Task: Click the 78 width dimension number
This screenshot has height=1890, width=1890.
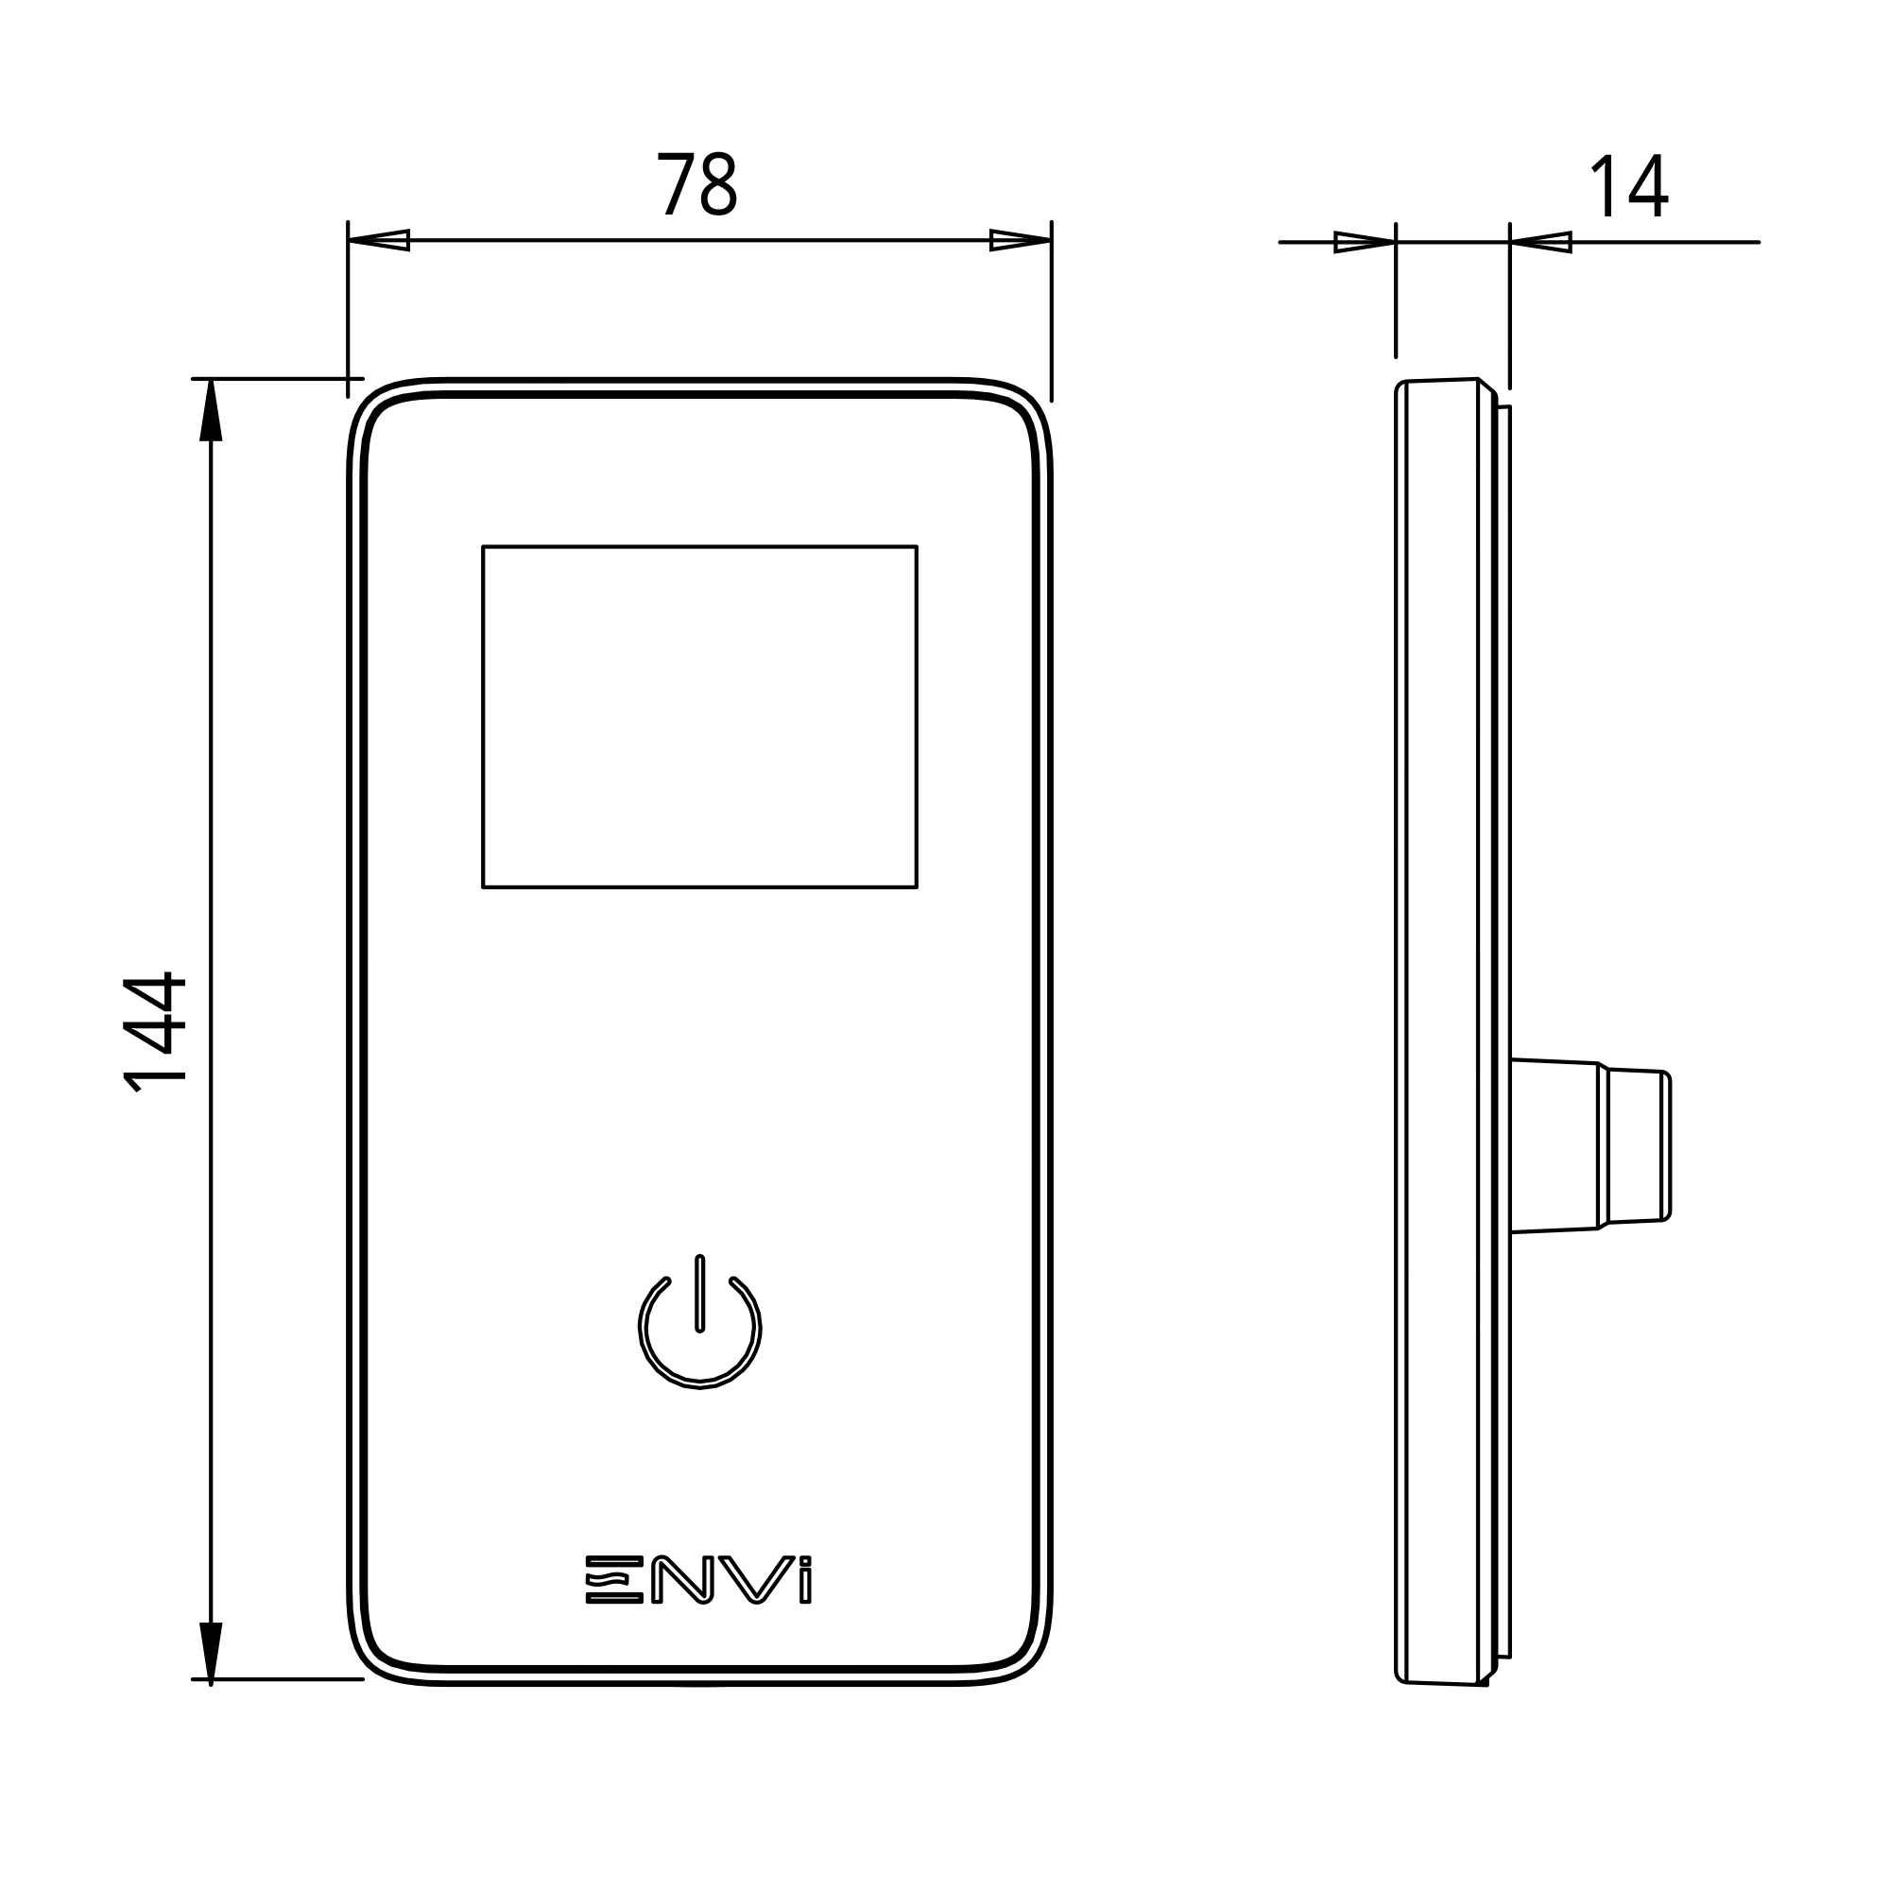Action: [696, 184]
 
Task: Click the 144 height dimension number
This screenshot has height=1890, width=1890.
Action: [155, 1032]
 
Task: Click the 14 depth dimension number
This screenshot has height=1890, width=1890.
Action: [1629, 186]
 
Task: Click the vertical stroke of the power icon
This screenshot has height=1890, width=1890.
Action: [699, 1294]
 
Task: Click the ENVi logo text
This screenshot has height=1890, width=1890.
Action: [698, 1606]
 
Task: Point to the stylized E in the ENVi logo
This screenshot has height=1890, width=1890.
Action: [614, 1606]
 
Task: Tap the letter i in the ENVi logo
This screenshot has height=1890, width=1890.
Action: [805, 1606]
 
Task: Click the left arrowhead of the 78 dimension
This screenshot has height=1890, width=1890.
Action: [380, 241]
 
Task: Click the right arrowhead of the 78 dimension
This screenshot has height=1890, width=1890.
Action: [1020, 241]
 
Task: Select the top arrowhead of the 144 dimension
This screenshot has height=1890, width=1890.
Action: [212, 411]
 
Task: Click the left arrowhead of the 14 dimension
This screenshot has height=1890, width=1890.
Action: [1365, 242]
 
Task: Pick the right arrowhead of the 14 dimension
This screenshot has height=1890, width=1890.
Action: [1540, 242]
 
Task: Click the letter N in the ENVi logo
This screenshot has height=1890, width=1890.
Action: [682, 1606]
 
